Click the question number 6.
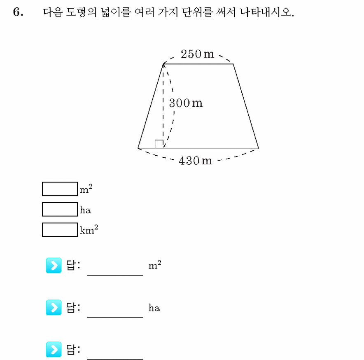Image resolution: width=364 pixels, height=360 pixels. pyautogui.click(x=18, y=12)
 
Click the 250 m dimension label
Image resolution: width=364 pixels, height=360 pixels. pyautogui.click(x=197, y=54)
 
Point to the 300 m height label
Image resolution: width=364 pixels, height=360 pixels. pyautogui.click(x=186, y=103)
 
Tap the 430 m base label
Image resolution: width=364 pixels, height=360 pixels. pyautogui.click(x=195, y=161)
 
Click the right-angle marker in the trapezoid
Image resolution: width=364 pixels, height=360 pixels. pyautogui.click(x=159, y=144)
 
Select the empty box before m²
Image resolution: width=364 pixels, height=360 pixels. pyautogui.click(x=60, y=189)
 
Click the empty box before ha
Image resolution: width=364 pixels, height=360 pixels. pyautogui.click(x=60, y=209)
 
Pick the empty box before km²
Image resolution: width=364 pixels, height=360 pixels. pyautogui.click(x=60, y=230)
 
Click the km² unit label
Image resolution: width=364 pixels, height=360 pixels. pyautogui.click(x=89, y=229)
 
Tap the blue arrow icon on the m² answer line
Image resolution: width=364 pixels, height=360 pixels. pyautogui.click(x=54, y=265)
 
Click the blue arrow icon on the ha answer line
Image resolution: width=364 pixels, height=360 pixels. pyautogui.click(x=54, y=307)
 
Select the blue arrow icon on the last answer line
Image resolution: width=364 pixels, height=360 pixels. pyautogui.click(x=54, y=349)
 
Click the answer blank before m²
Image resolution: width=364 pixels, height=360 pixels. pyautogui.click(x=115, y=275)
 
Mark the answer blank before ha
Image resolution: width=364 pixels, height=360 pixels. pyautogui.click(x=115, y=317)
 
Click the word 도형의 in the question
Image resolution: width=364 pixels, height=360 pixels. pyautogui.click(x=81, y=12)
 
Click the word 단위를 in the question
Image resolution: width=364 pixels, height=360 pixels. pyautogui.click(x=197, y=12)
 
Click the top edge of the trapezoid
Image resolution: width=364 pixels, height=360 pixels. pyautogui.click(x=198, y=64)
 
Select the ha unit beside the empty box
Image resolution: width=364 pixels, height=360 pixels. pyautogui.click(x=85, y=210)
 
